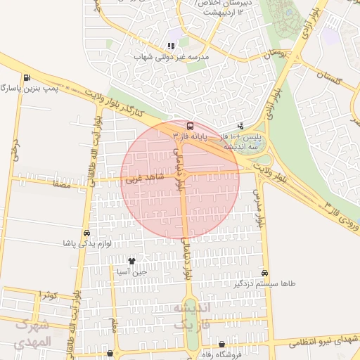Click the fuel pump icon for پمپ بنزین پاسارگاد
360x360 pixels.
point(27,77)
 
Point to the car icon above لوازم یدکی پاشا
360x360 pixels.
point(86,233)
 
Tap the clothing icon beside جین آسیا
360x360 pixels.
point(131,262)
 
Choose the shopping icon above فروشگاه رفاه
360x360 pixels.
point(223,344)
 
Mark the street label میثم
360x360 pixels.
point(114,324)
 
